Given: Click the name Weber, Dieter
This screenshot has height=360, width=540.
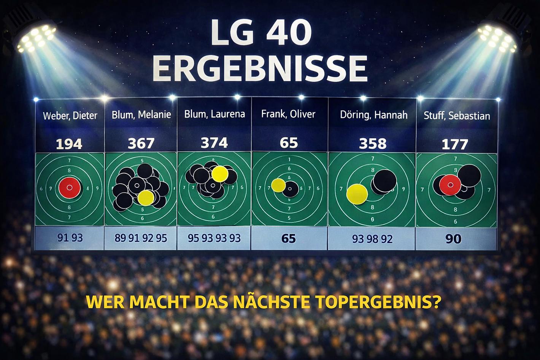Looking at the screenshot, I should (70, 116).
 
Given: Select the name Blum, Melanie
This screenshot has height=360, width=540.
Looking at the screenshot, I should (141, 114).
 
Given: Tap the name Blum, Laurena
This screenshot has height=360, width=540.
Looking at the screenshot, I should (214, 114).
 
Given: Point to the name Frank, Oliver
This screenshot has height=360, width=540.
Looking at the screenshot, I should (288, 114).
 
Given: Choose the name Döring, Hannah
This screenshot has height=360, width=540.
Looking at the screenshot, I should (373, 115).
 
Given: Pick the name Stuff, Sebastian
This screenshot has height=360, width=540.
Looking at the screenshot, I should (457, 116).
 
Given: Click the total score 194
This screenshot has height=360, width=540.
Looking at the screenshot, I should (69, 144).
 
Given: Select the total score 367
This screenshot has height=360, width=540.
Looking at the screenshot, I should (141, 143).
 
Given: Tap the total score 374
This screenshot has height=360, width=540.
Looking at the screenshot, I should (214, 143).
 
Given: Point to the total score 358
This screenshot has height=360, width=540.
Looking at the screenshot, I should (373, 144).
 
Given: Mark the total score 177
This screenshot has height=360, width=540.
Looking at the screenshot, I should (454, 144).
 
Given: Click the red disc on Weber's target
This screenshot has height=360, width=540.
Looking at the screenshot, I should (70, 187).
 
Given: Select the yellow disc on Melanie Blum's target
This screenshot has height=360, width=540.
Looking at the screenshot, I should (146, 198).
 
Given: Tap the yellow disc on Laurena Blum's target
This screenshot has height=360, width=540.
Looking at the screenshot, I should (220, 174).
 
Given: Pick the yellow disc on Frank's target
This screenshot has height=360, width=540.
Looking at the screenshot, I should (278, 185).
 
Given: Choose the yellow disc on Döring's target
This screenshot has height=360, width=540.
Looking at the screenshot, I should (357, 194).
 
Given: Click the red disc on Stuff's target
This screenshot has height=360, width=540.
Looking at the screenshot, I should (450, 185).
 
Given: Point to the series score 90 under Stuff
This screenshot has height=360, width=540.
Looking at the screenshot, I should (453, 239).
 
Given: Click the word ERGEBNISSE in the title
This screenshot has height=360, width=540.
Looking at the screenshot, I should (262, 68).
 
